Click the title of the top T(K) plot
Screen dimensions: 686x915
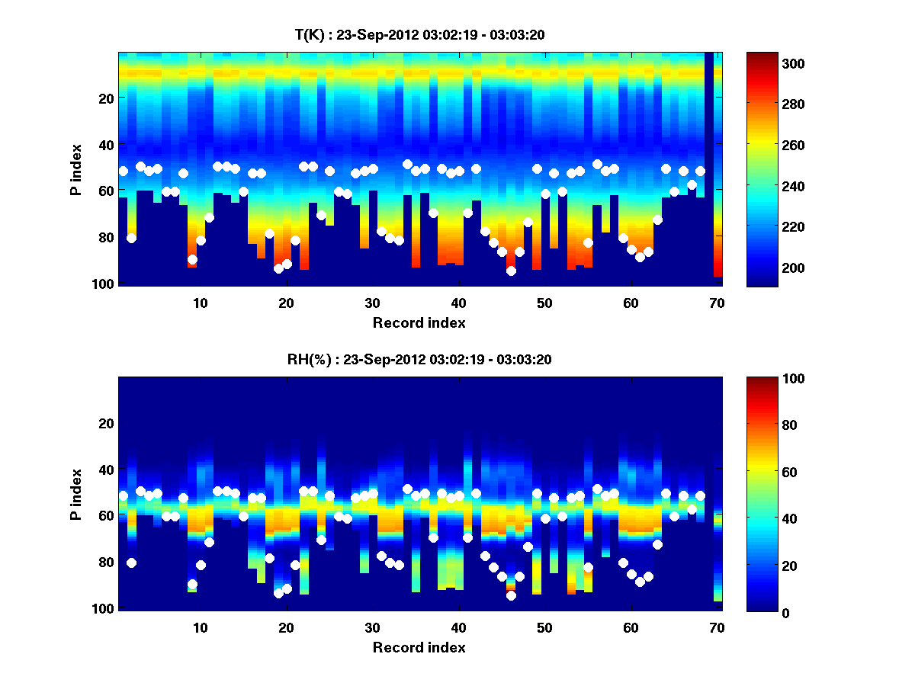point(419,34)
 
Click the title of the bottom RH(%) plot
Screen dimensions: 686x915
point(419,359)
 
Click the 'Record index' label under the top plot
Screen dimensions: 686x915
point(419,323)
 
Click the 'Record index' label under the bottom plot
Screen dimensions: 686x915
point(419,648)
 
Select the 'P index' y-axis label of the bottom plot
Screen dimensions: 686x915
point(77,494)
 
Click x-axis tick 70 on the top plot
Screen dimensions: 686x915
point(717,303)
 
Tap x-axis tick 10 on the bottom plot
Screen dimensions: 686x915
point(200,627)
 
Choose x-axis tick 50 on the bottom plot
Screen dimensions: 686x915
point(544,627)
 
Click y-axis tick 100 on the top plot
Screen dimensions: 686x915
point(104,284)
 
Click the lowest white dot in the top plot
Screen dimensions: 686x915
point(511,271)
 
